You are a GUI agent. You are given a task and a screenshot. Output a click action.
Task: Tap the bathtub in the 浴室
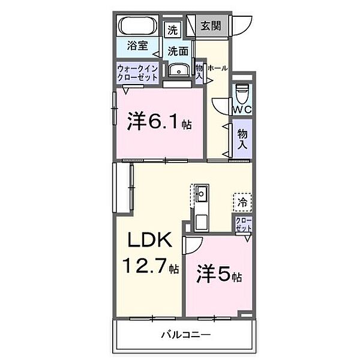point(137,27)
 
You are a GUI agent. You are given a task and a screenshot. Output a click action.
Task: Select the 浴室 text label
point(137,45)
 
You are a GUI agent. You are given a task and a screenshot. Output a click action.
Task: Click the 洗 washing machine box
point(173,29)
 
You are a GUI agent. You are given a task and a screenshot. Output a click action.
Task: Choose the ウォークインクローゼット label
point(138,73)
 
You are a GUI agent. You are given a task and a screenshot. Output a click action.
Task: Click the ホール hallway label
point(217,68)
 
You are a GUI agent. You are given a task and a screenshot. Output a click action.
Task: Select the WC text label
point(242,110)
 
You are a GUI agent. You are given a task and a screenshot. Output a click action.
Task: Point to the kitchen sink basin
point(201,194)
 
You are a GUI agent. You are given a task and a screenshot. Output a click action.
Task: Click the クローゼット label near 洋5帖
point(243,225)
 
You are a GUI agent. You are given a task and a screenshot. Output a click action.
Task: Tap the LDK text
point(150,242)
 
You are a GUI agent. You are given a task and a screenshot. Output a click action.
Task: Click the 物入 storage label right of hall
point(242,139)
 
